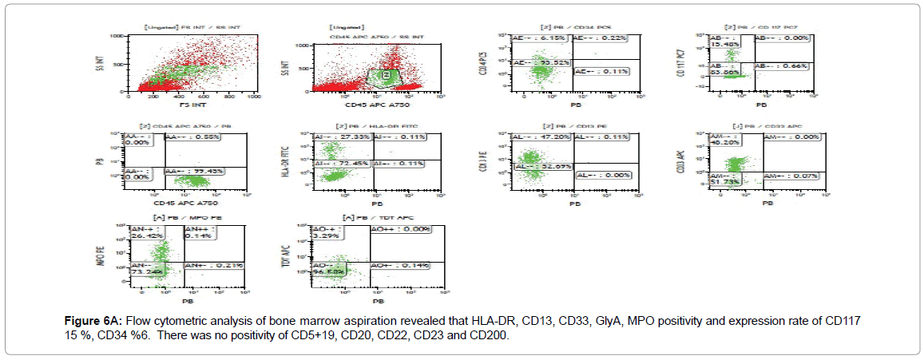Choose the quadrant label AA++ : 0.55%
click(192, 138)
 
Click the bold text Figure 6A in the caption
click(90, 321)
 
